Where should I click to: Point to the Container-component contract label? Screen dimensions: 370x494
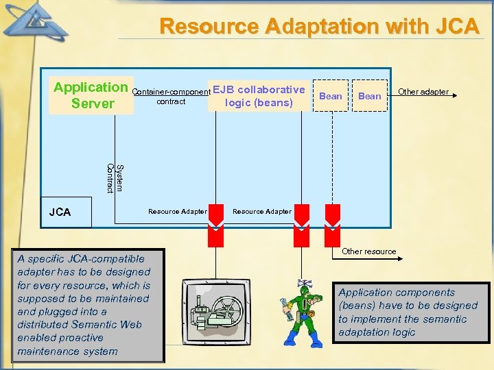[x=171, y=97]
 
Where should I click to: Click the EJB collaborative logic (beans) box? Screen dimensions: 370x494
[x=259, y=96]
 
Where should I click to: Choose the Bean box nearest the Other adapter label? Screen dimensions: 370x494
[x=369, y=96]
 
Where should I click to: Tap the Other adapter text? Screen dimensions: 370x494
[x=423, y=92]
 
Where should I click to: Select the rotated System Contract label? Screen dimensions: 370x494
[x=115, y=178]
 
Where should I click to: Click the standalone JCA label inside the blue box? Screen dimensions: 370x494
[x=60, y=212]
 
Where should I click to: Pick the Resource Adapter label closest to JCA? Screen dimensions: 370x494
[x=177, y=211]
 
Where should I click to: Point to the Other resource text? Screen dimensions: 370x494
[x=368, y=251]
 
